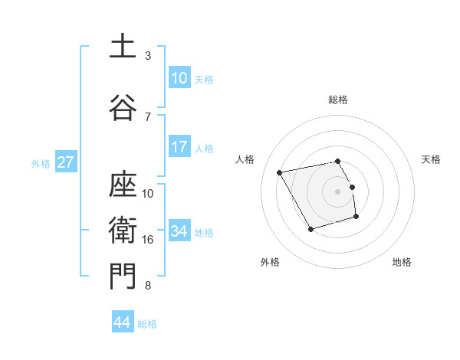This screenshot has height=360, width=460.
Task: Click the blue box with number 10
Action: click(x=179, y=78)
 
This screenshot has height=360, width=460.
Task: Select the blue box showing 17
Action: click(x=179, y=147)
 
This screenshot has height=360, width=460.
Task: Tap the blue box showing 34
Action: click(x=179, y=231)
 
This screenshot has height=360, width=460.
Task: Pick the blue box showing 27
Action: click(x=65, y=162)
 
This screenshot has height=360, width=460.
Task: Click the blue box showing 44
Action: click(x=122, y=322)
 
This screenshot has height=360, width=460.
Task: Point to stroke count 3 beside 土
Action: click(x=148, y=56)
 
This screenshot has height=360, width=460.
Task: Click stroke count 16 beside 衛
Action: click(x=148, y=240)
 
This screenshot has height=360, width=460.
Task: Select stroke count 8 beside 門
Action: click(x=148, y=286)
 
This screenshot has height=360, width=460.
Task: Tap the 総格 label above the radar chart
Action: click(x=338, y=100)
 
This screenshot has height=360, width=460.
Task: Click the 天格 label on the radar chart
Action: click(x=432, y=159)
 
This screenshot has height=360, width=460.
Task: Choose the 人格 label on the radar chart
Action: click(x=245, y=159)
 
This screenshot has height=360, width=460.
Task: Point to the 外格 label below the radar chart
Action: click(x=270, y=263)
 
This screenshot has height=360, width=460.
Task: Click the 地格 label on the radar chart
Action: click(x=402, y=263)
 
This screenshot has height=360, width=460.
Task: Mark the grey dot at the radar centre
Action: click(x=338, y=191)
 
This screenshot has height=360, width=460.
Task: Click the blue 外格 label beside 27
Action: click(x=41, y=163)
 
